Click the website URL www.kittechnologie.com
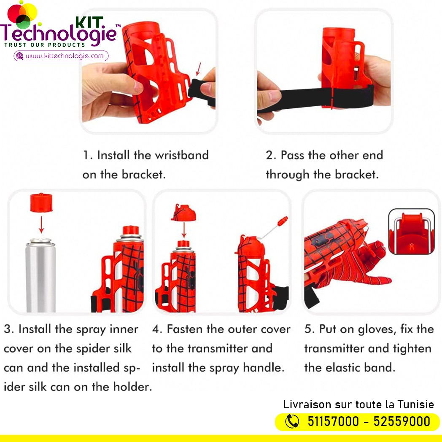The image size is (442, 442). (x=65, y=56)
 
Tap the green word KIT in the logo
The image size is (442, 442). (x=89, y=22)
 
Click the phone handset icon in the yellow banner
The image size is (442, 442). (x=292, y=422)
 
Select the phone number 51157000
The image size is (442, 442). (x=333, y=422)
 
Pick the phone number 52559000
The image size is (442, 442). (x=402, y=422)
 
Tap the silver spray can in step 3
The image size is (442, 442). (x=40, y=275)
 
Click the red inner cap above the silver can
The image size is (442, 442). (x=41, y=202)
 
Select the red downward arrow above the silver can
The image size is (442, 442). (x=41, y=224)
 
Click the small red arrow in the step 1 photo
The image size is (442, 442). (x=199, y=69)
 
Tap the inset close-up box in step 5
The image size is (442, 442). (x=411, y=232)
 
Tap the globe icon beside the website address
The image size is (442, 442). (x=20, y=56)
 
